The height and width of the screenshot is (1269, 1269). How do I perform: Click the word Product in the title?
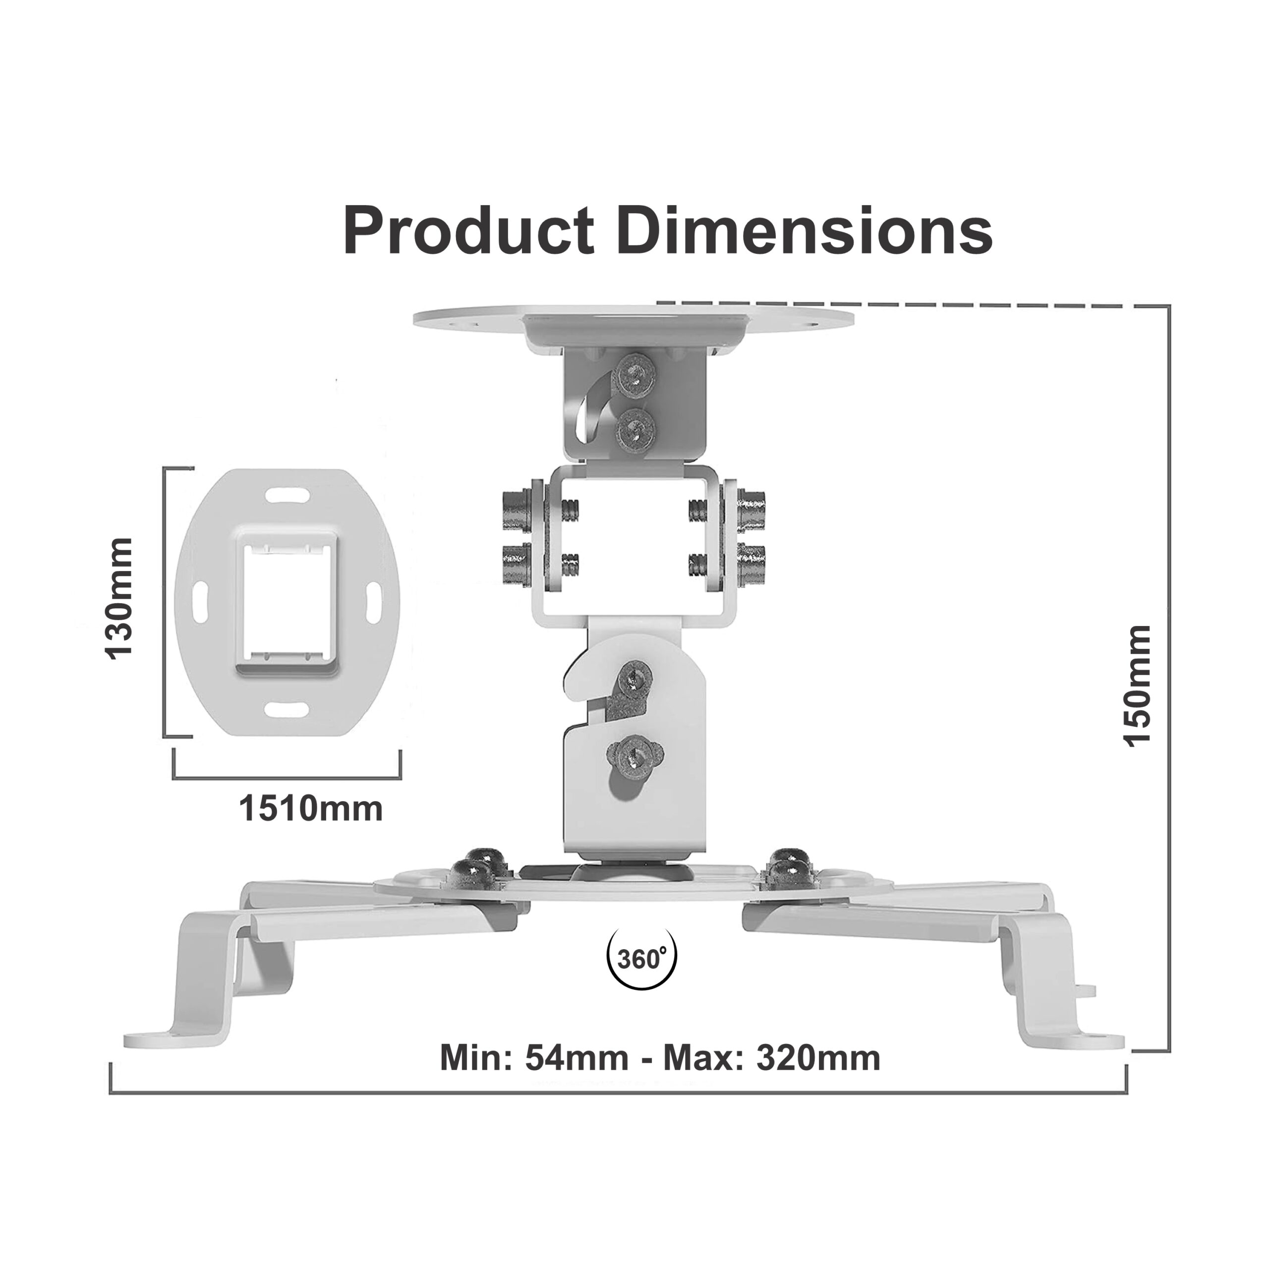(x=469, y=231)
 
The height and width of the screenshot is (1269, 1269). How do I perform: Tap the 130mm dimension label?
(x=119, y=598)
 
